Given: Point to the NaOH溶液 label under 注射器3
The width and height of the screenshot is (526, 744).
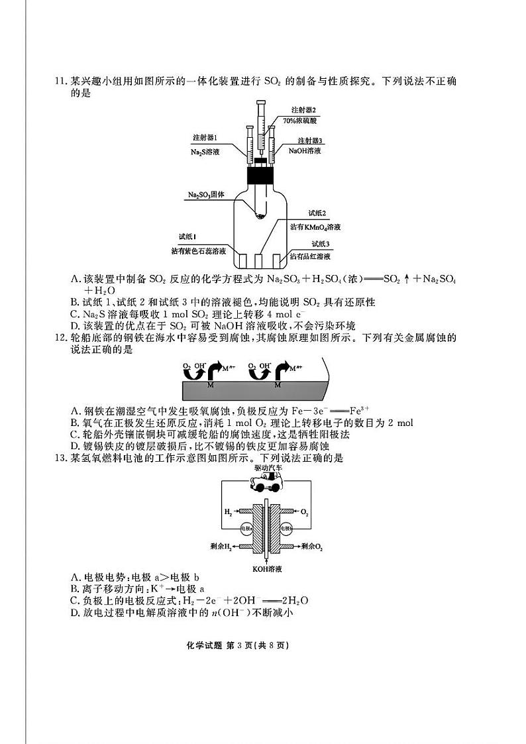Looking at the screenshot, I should tap(305, 151).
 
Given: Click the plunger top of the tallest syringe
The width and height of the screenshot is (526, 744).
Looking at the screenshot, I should tap(261, 101).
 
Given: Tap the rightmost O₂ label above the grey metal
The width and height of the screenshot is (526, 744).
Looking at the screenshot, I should tap(252, 366).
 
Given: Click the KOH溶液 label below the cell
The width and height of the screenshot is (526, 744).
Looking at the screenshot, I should tap(267, 568).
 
